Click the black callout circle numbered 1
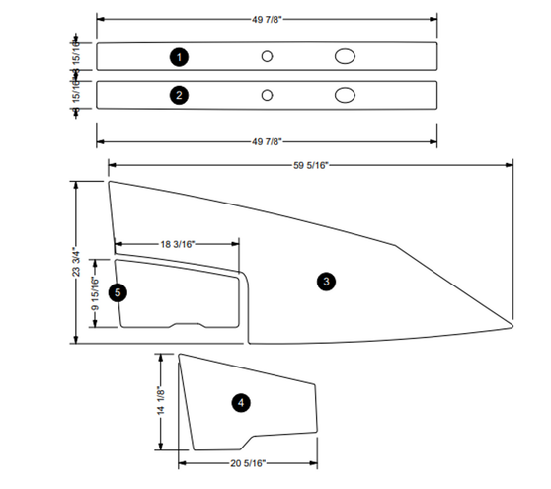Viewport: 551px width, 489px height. (x=179, y=57)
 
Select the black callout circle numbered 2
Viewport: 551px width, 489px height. (x=179, y=96)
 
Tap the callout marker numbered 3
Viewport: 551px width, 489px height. (x=326, y=282)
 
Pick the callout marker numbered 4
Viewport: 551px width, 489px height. (x=240, y=402)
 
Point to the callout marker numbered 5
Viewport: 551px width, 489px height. (x=118, y=292)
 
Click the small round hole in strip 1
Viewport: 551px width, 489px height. (x=267, y=57)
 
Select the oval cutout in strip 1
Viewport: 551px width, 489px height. (x=346, y=57)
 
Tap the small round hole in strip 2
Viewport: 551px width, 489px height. (x=267, y=96)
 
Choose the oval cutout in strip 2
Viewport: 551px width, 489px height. (x=346, y=96)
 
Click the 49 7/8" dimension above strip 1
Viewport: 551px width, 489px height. (x=266, y=19)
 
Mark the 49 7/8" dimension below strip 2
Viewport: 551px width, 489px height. (x=266, y=141)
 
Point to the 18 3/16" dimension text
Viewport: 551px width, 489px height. (x=177, y=243)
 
